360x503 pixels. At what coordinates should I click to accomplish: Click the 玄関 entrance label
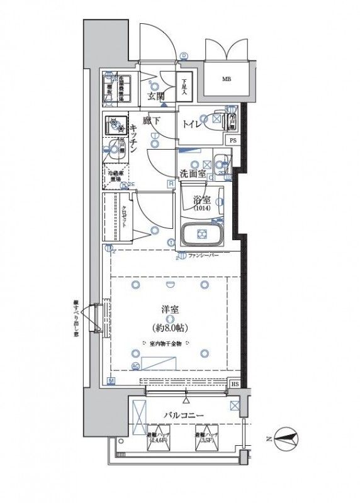(155, 96)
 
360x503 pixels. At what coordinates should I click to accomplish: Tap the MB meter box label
(225, 79)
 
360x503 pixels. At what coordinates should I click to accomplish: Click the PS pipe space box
(233, 140)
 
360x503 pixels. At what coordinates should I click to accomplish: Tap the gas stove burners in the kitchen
(116, 126)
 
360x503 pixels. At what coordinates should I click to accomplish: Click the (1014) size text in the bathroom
(202, 208)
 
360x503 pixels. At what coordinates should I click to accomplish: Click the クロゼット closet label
(124, 216)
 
